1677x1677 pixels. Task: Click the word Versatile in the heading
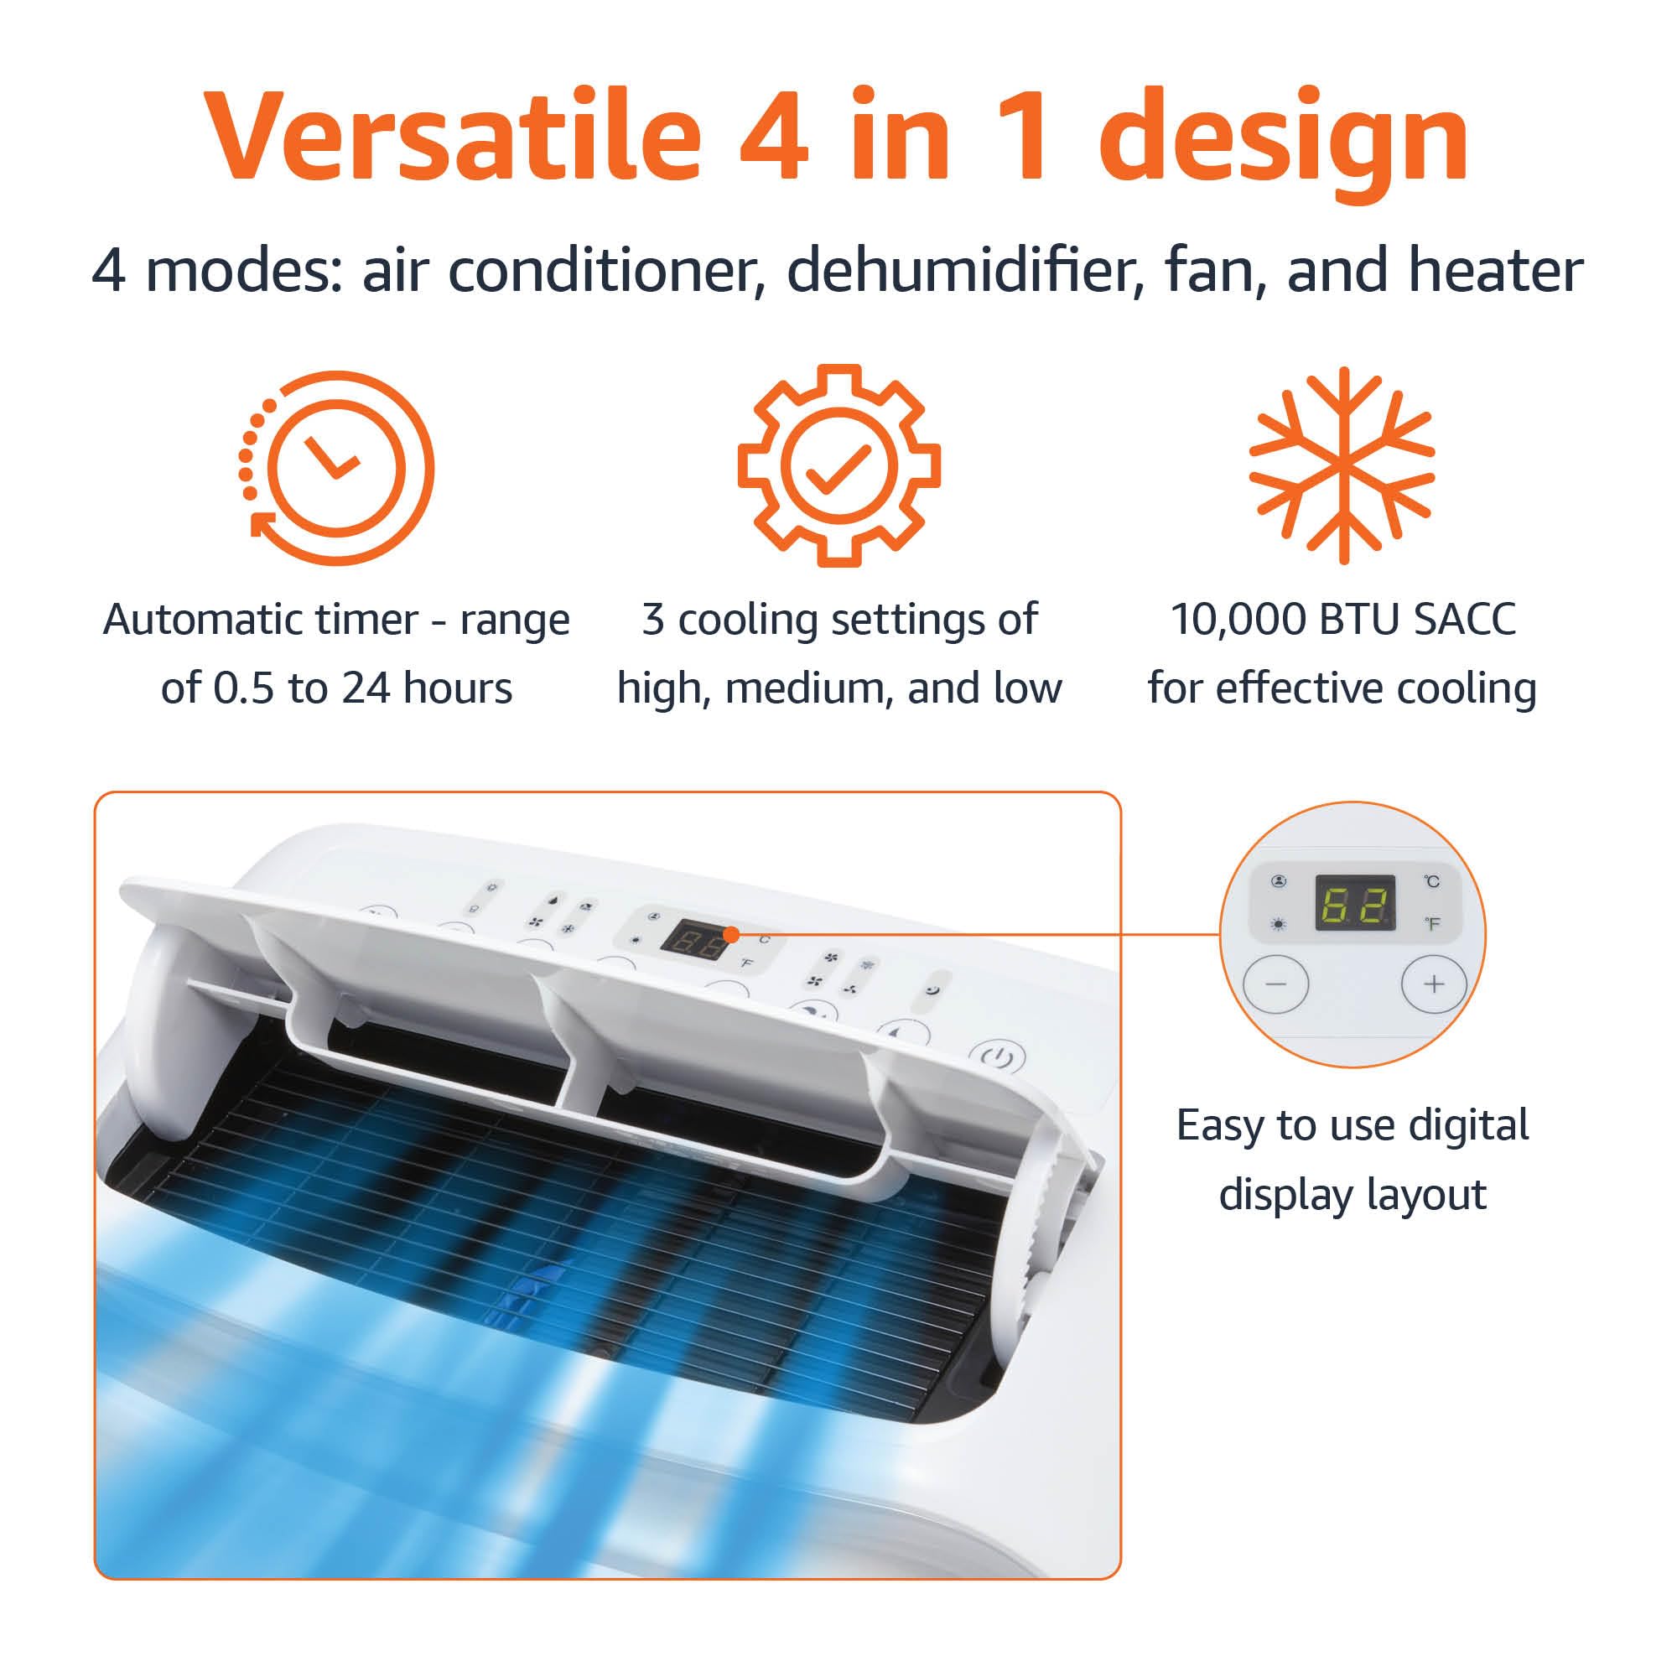[451, 137]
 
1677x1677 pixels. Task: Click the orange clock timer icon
[337, 468]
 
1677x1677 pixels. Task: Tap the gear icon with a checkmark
[838, 466]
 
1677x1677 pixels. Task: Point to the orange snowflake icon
[1342, 466]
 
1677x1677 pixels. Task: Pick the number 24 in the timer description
[366, 688]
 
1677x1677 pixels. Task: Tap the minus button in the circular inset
[1275, 984]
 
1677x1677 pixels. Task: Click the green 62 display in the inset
[1355, 903]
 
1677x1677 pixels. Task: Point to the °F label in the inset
[1432, 923]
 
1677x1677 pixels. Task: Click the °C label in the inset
[1432, 882]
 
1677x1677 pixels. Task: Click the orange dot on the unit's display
[732, 935]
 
